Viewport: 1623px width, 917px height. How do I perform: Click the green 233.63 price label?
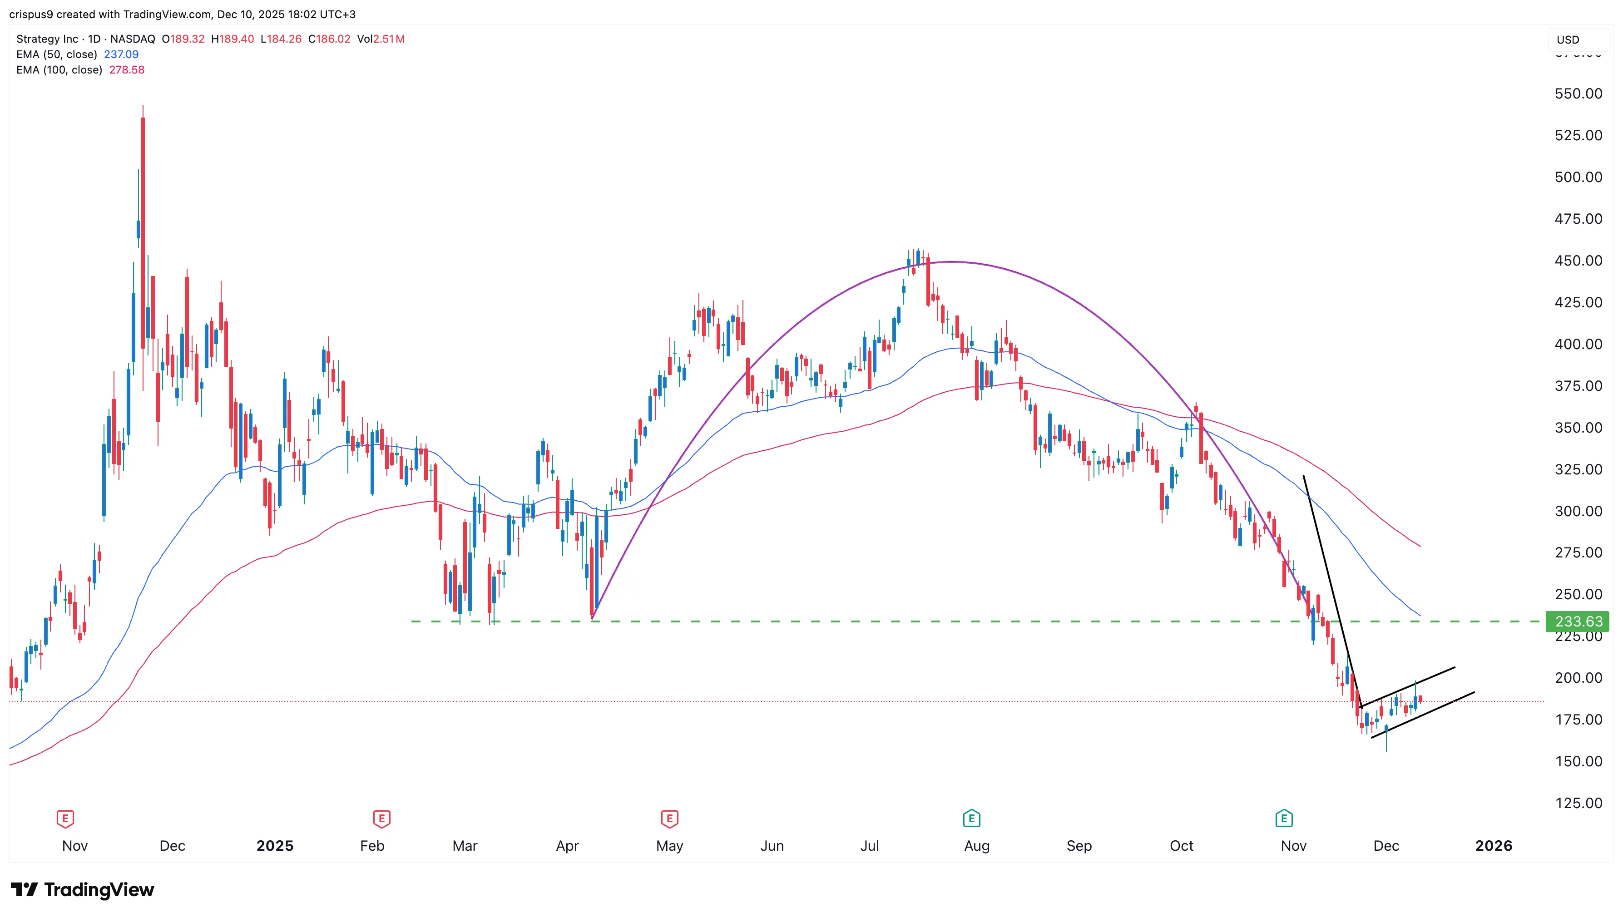(1577, 621)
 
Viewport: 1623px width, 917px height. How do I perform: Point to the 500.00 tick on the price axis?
(1578, 177)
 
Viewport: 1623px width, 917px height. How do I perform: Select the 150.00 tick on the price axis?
(1578, 761)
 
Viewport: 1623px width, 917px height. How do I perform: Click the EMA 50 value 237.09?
(121, 54)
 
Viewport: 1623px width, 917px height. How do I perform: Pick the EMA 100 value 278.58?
(127, 70)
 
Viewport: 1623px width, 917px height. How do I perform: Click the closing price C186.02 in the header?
(329, 39)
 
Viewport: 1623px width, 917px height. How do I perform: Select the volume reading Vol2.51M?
(381, 39)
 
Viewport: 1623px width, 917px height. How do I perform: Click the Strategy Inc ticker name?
(47, 39)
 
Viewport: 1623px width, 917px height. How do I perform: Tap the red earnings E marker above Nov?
(65, 819)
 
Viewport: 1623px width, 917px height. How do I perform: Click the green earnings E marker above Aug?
(971, 819)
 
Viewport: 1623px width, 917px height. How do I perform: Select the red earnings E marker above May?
(669, 819)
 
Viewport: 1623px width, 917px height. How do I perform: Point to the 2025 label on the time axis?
(275, 846)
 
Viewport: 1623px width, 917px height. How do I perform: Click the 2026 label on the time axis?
(1493, 846)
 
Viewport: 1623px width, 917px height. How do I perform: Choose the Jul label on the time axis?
(870, 846)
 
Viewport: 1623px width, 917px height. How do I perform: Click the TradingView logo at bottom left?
(82, 889)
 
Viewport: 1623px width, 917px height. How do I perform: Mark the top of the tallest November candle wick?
(143, 106)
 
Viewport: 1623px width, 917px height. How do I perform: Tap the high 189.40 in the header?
(233, 39)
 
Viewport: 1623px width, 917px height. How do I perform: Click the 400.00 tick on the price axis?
(1578, 344)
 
